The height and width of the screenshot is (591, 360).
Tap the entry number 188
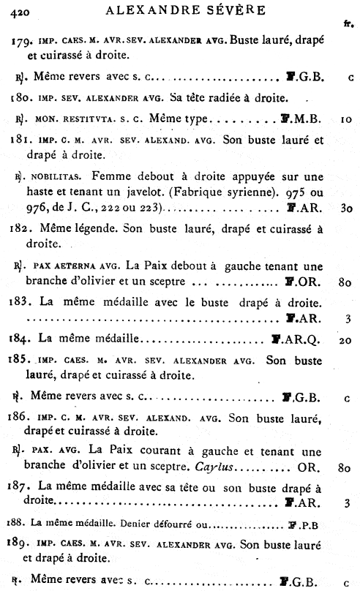[x=18, y=522]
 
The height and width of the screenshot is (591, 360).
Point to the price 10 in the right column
[x=348, y=118]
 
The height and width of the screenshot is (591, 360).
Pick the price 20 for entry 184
[x=348, y=340]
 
